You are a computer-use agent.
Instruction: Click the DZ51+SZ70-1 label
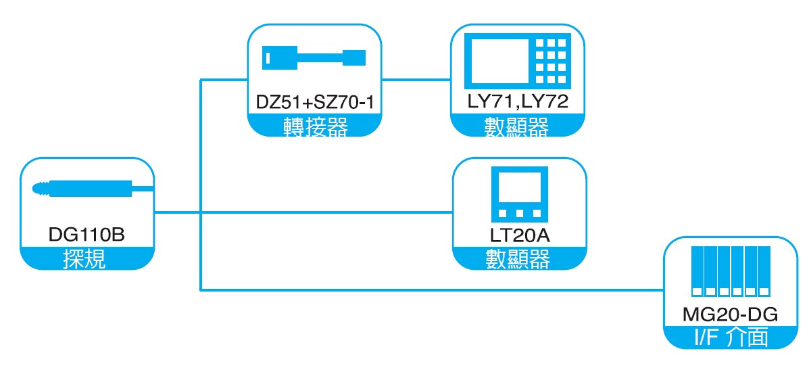[x=314, y=102]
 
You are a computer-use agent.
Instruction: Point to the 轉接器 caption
[x=315, y=126]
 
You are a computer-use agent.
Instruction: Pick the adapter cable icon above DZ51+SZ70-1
[x=314, y=57]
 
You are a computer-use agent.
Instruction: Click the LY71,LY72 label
[x=517, y=101]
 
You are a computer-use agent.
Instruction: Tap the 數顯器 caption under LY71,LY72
[x=517, y=126]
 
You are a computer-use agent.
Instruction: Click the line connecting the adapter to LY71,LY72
[x=415, y=80]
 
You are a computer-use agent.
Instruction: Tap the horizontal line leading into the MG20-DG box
[x=433, y=291]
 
